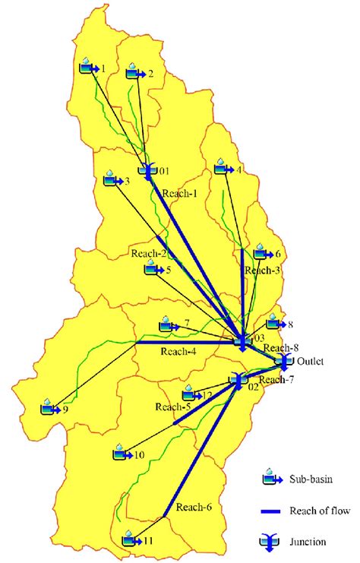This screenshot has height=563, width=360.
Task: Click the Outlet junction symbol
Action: coord(285,360)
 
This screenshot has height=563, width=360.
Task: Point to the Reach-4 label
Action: coord(178,352)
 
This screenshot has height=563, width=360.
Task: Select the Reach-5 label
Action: coord(173,408)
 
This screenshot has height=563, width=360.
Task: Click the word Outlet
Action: coord(310,362)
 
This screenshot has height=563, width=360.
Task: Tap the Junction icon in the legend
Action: coord(270,541)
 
